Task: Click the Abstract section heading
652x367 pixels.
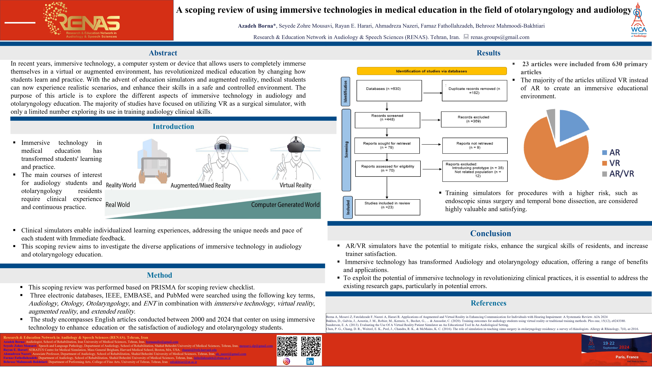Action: (x=163, y=53)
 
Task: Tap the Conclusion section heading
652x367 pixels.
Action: (x=491, y=233)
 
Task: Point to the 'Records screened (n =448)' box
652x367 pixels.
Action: (x=387, y=120)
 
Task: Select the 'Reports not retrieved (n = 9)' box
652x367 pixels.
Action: (x=475, y=145)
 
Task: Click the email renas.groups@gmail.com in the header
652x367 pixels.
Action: (x=500, y=37)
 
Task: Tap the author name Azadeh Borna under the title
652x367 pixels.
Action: (x=255, y=26)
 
